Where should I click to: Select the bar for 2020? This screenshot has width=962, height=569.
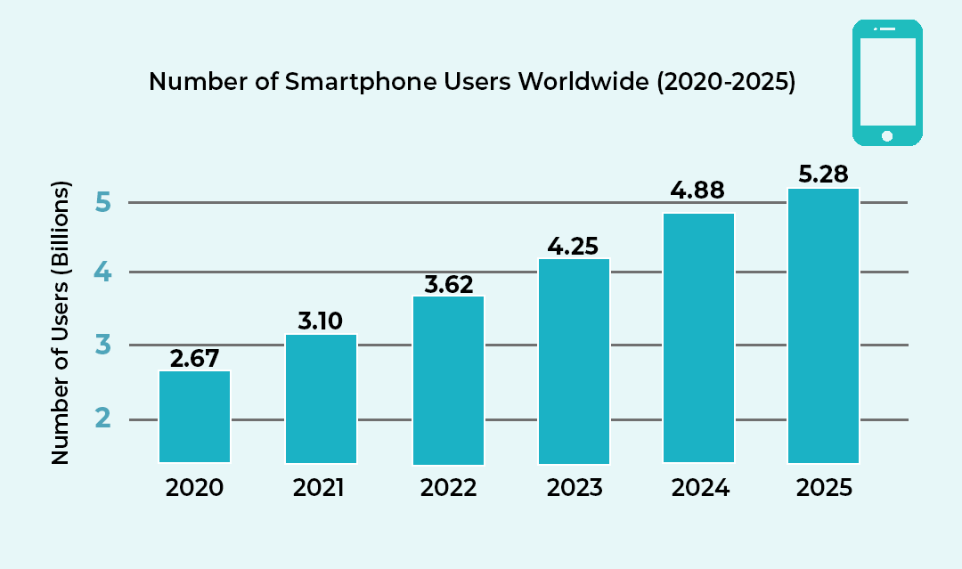tap(194, 417)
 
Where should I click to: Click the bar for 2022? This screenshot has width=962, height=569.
tap(448, 380)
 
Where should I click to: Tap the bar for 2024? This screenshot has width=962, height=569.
tap(699, 337)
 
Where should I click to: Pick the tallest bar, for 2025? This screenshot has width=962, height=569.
tap(824, 326)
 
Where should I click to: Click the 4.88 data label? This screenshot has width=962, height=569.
tap(698, 191)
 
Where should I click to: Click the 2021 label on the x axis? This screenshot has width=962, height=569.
tap(320, 488)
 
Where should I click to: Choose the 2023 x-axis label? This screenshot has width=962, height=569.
tap(573, 488)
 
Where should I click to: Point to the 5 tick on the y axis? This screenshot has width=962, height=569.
tap(103, 203)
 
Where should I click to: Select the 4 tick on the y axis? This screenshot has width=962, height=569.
tap(103, 272)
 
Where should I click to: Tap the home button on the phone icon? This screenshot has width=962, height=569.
tap(886, 135)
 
